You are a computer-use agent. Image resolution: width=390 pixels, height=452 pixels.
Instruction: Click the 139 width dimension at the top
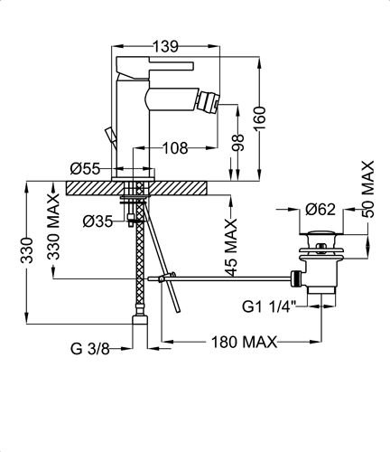pos(166,46)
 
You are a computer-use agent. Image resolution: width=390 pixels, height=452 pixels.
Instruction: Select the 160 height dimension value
pos(259,118)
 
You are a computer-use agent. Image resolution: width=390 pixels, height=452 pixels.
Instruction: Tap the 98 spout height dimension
pos(237,143)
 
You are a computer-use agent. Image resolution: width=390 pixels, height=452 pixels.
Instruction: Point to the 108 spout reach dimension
pos(175,148)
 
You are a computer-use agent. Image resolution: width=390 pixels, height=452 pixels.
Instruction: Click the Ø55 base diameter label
pos(85,169)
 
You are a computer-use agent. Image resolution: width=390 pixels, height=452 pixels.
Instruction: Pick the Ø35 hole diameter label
pos(97,222)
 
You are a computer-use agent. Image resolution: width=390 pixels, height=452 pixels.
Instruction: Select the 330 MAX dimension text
pos(54,227)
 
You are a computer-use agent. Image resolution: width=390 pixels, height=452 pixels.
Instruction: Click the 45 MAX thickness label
pos(231,248)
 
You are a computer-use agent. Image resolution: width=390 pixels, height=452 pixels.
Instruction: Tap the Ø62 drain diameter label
pos(320,210)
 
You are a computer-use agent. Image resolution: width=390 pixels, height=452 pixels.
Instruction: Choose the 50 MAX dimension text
pos(367,189)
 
